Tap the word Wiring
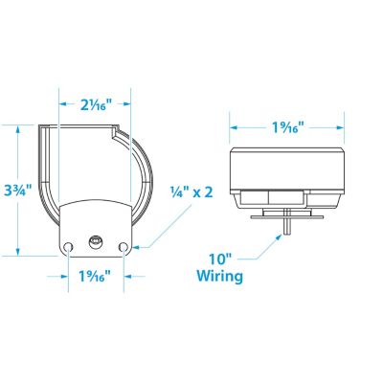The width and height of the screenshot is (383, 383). click(219, 277)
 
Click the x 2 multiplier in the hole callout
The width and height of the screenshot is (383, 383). click(202, 191)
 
